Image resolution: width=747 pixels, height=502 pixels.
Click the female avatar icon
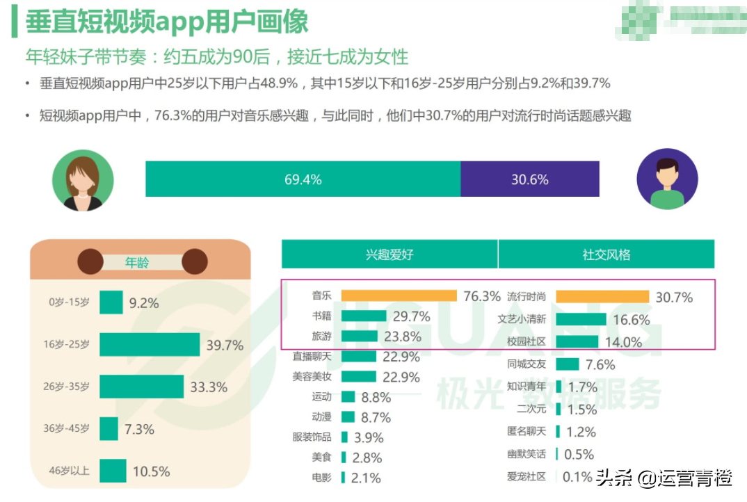click(83, 179)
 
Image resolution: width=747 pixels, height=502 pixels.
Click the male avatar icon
click(666, 179)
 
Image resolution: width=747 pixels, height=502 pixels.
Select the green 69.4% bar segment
click(303, 179)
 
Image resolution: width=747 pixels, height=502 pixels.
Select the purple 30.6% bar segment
click(529, 179)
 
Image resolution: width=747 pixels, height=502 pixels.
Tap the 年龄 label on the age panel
click(137, 263)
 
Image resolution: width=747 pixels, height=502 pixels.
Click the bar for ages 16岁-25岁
click(150, 345)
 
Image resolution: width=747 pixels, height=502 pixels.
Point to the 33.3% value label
click(208, 387)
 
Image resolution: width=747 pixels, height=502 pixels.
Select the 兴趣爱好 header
click(389, 254)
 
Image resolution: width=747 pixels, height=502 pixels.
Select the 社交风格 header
click(607, 254)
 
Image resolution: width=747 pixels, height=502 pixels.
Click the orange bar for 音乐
click(399, 296)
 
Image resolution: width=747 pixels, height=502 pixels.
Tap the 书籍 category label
click(322, 316)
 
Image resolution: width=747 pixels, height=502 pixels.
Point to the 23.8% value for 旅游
click(402, 337)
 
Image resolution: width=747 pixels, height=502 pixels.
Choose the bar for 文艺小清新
click(581, 320)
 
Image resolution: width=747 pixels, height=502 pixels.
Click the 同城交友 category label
click(527, 364)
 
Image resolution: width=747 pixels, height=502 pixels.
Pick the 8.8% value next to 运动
click(376, 398)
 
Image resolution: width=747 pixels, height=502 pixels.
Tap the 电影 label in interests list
click(322, 478)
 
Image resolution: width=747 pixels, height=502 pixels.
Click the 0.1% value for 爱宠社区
click(577, 477)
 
